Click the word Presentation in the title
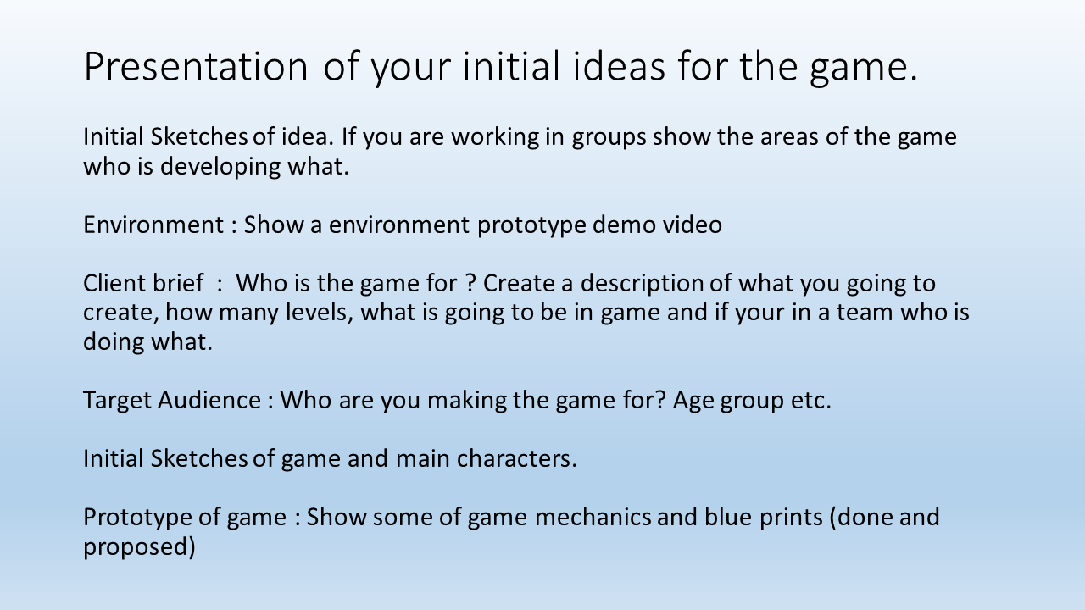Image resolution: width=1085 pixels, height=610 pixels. [x=196, y=68]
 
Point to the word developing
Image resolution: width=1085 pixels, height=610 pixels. [x=220, y=166]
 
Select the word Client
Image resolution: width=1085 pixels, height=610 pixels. [x=114, y=284]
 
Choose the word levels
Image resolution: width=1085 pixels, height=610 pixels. [x=318, y=313]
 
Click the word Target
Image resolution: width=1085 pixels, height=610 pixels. [x=117, y=400]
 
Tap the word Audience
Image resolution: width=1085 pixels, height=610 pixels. [x=209, y=400]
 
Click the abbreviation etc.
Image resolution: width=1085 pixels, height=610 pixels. [x=810, y=400]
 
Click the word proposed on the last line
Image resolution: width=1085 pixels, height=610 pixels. [x=139, y=546]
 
